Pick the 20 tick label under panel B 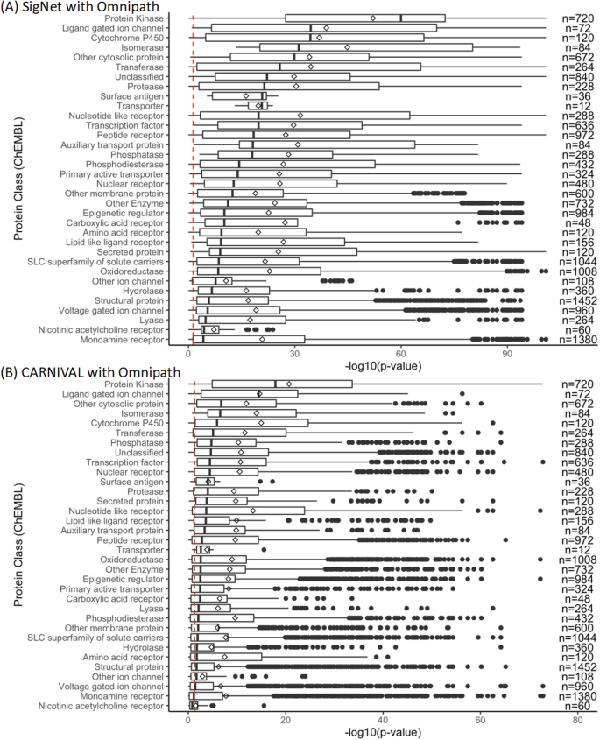pos(286,721)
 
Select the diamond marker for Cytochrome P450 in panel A pos(319,38)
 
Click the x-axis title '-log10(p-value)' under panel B pos(383,733)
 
